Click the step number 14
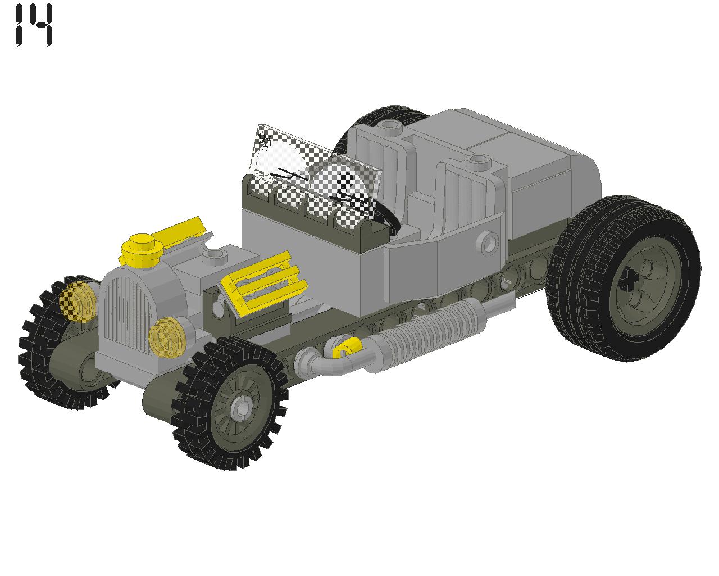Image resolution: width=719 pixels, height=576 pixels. (x=34, y=25)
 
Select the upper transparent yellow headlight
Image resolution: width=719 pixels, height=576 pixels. (x=78, y=301)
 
